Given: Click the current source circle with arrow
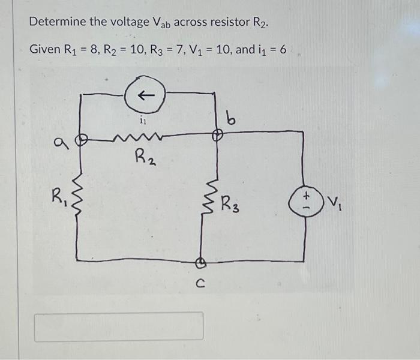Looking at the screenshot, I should [144, 95].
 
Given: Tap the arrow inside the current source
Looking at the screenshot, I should [144, 95].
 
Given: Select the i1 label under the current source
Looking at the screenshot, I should [142, 121].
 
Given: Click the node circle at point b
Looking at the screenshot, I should [217, 137].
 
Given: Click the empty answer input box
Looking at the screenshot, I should [118, 326].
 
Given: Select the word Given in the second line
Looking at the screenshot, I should [44, 49].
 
